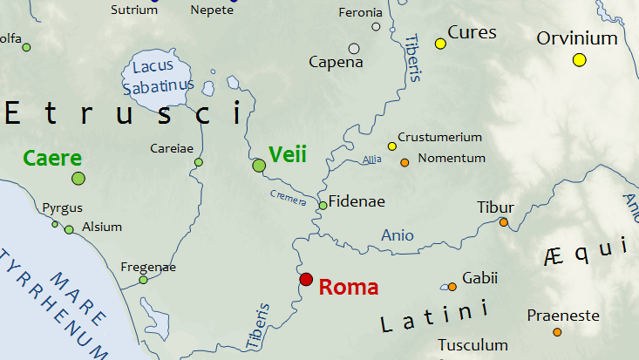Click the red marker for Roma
tap(306, 280)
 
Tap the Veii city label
tap(288, 155)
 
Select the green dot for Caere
tap(78, 179)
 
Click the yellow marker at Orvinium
tap(580, 59)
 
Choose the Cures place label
tap(472, 33)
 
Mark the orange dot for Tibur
tap(503, 222)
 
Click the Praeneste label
tap(563, 315)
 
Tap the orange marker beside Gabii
tap(452, 287)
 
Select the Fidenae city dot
tap(323, 205)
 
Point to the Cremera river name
tap(288, 198)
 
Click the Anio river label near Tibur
tap(398, 235)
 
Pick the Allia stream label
tap(372, 160)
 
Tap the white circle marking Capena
tap(354, 49)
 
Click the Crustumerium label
tap(439, 137)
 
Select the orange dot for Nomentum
tap(404, 162)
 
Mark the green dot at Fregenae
tap(143, 280)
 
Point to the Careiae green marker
tap(198, 162)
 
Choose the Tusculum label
tap(472, 345)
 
